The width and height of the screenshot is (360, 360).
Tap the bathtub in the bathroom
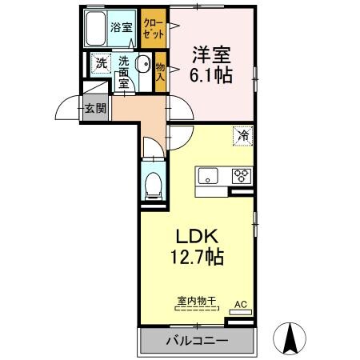[98, 30]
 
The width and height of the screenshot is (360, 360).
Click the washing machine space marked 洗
[101, 62]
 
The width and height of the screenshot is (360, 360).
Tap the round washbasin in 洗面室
[142, 66]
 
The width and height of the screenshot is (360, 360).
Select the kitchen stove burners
[241, 176]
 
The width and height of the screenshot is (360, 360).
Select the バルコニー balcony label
[196, 341]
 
